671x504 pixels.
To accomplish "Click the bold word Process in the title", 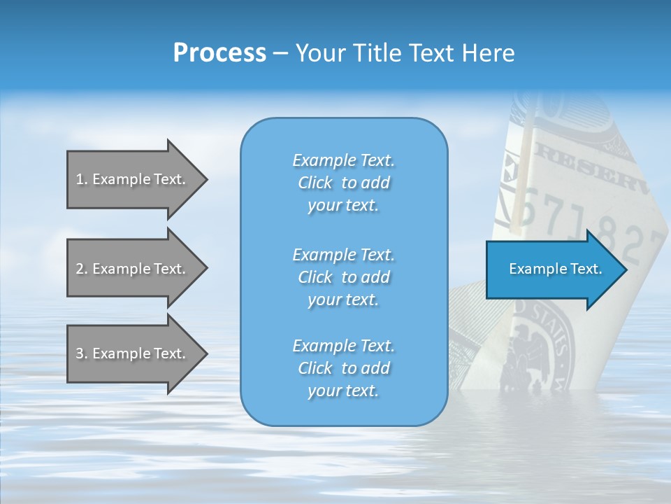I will click(x=219, y=53).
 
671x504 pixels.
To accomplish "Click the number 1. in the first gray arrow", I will click(x=81, y=179).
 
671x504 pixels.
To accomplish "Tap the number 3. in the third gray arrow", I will click(x=81, y=353).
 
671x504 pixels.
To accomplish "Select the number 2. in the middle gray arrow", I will click(x=81, y=269).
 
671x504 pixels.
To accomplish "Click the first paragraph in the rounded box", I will click(x=343, y=183).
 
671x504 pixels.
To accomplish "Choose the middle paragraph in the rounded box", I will click(x=343, y=277).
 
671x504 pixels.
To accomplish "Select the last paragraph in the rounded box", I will click(x=343, y=368).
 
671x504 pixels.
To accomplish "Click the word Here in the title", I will click(x=489, y=53).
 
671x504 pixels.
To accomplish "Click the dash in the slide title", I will click(x=280, y=53).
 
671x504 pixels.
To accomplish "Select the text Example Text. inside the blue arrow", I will click(x=556, y=269).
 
